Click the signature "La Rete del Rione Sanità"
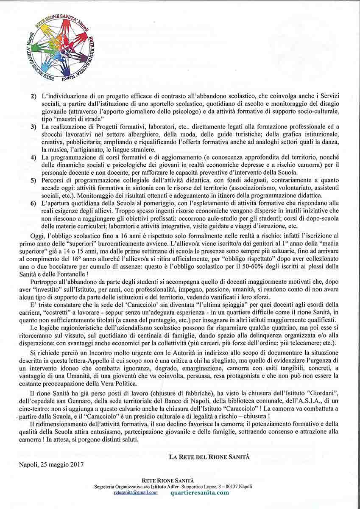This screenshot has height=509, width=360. tap(209, 457)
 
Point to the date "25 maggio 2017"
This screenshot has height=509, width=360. tap(63, 464)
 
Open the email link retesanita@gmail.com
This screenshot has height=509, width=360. tap(136, 493)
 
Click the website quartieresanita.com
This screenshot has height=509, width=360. tap(199, 493)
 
